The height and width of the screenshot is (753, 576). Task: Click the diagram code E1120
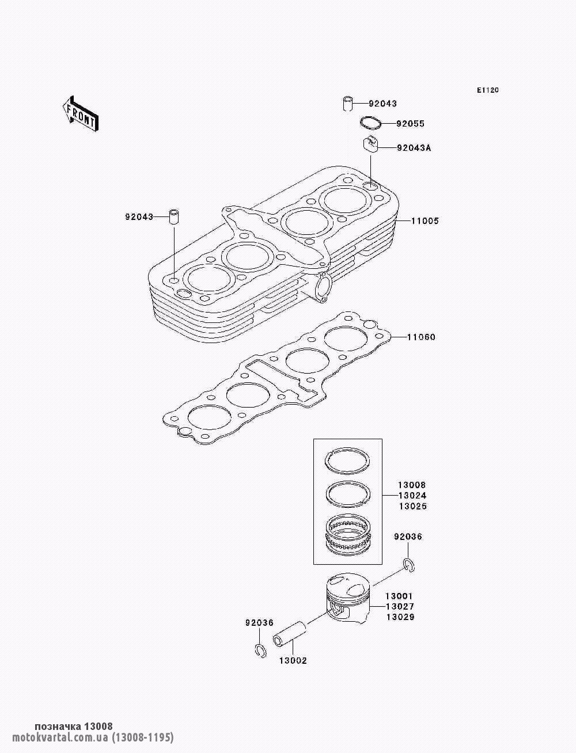487,90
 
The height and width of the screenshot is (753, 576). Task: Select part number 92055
411,124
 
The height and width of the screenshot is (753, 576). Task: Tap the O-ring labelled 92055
370,123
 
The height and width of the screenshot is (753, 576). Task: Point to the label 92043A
414,148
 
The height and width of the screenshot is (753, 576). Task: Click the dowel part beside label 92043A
371,144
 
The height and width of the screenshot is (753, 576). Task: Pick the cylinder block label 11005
425,221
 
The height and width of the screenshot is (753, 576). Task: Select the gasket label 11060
421,337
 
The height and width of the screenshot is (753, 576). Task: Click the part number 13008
412,485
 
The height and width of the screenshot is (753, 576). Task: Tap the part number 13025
412,507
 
